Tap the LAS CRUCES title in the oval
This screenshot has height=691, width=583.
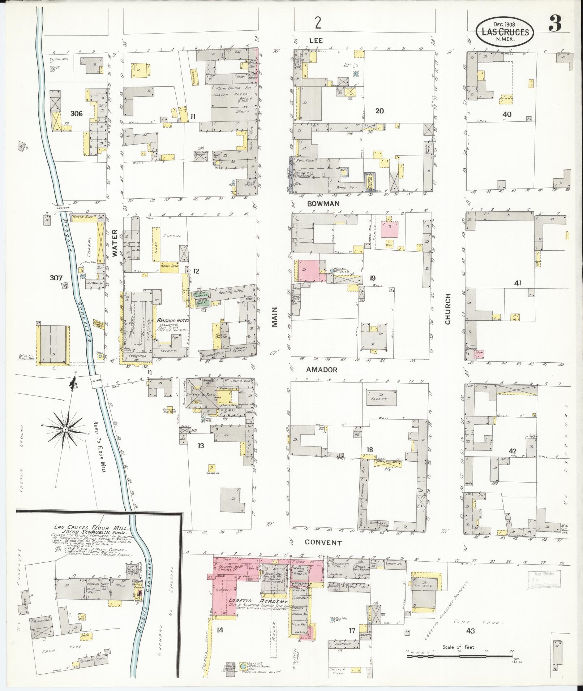(x=505, y=32)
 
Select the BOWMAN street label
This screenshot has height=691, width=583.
(x=323, y=203)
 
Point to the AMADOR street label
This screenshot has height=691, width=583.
(x=322, y=370)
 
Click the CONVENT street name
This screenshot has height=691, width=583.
(x=323, y=542)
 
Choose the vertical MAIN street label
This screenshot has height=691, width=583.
(x=275, y=317)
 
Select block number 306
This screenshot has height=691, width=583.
(x=77, y=114)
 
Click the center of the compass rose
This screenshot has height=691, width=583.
(x=65, y=429)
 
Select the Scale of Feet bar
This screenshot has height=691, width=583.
(x=460, y=655)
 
